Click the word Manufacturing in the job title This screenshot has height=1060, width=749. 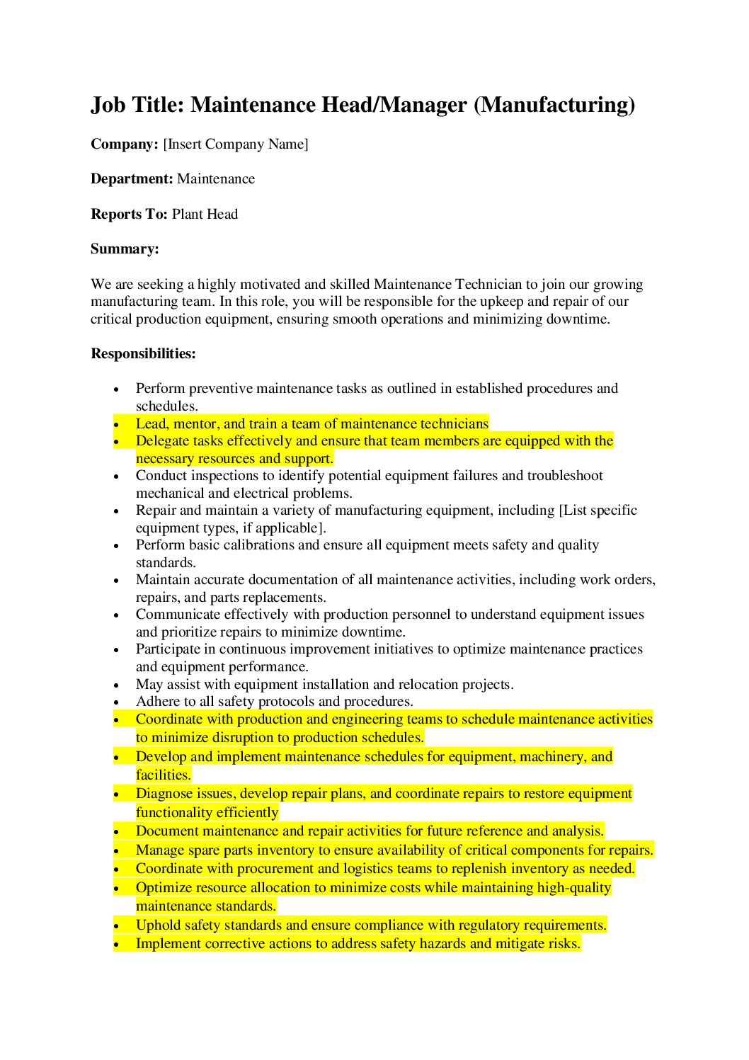[x=554, y=105]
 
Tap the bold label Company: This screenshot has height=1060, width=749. [x=125, y=144]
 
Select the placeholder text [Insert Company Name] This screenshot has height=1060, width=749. [x=236, y=144]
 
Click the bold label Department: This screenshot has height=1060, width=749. [x=132, y=179]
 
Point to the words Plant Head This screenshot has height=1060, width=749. [x=205, y=215]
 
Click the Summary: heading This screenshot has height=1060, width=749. [x=125, y=249]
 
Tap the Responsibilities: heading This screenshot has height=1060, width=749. [x=143, y=354]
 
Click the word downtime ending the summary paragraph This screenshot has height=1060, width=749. [x=576, y=319]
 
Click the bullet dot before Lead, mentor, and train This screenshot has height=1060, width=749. [x=117, y=424]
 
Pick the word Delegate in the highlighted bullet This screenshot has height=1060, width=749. [x=162, y=441]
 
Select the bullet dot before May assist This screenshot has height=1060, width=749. [x=117, y=685]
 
